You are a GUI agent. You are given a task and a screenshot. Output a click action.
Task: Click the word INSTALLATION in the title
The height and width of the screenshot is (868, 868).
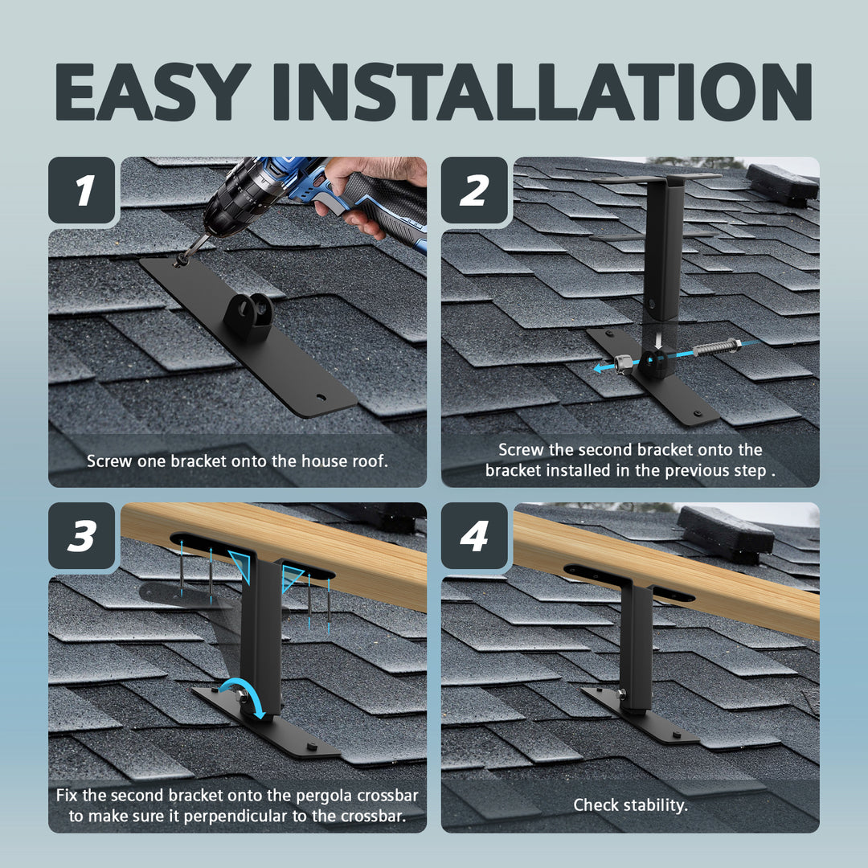click(x=542, y=92)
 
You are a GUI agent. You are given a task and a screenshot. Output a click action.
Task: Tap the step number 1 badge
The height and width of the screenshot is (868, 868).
click(x=82, y=190)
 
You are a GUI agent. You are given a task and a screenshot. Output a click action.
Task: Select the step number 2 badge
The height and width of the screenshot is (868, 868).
click(x=474, y=190)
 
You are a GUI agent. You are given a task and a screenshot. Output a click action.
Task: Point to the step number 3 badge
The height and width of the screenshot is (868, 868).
click(x=82, y=535)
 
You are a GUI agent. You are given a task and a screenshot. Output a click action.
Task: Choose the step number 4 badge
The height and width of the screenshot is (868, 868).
click(x=474, y=535)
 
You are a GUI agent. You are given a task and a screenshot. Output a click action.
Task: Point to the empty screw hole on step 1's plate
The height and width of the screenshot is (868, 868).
click(x=321, y=398)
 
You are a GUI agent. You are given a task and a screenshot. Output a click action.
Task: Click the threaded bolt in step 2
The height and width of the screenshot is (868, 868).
click(x=716, y=348)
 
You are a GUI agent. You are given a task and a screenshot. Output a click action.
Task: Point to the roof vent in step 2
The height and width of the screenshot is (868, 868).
click(x=782, y=182)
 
